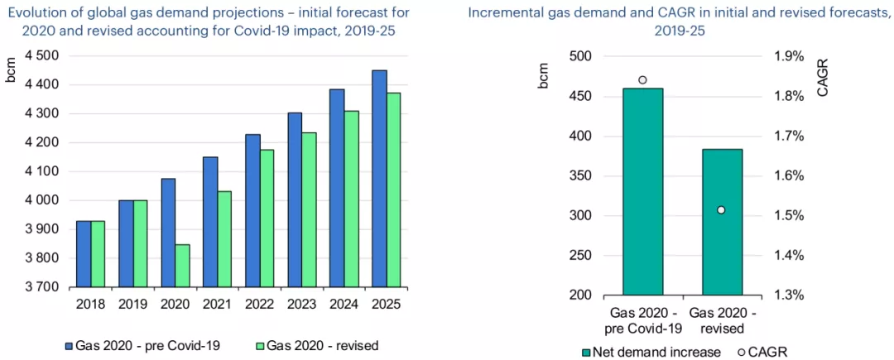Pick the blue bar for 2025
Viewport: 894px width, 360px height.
click(x=379, y=179)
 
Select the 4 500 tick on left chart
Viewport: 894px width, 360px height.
click(x=36, y=55)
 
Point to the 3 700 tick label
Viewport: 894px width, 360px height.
click(x=36, y=287)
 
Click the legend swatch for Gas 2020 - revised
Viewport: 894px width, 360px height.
click(x=259, y=345)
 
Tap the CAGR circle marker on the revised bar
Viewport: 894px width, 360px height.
click(x=721, y=210)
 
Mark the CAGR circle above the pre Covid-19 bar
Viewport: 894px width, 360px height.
click(x=642, y=80)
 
